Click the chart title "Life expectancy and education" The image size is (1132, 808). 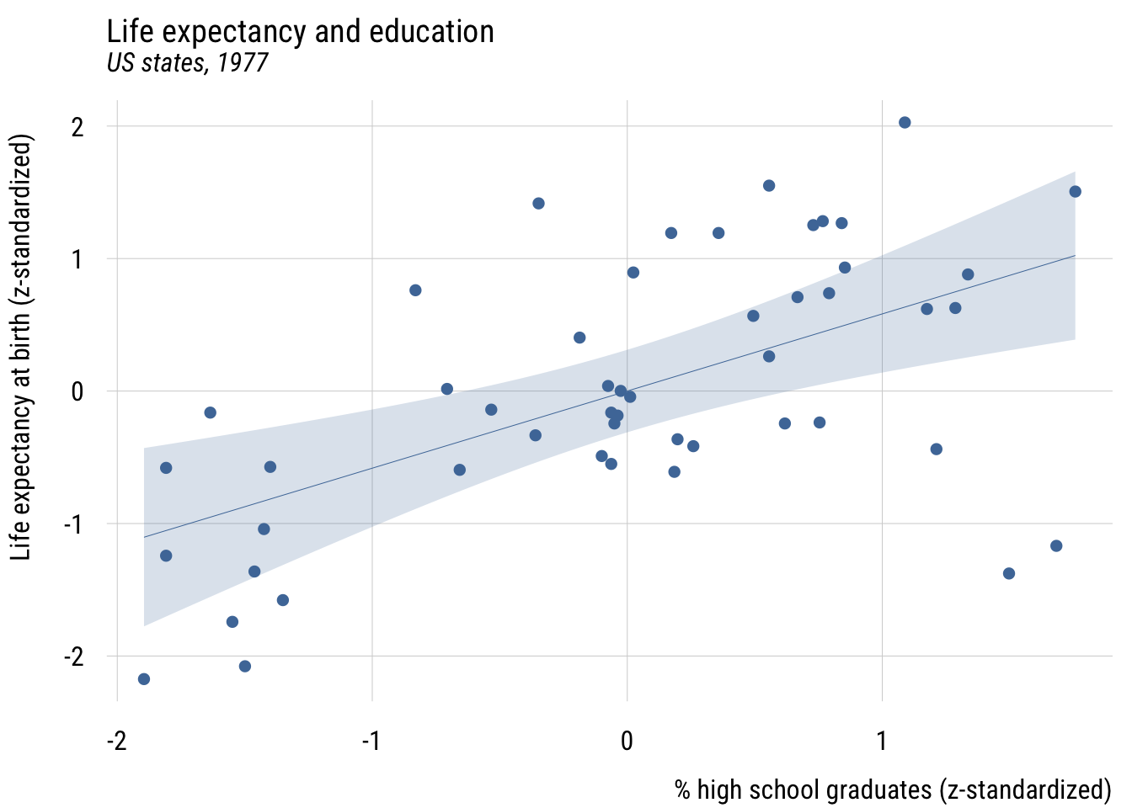(300, 32)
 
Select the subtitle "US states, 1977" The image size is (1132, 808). (187, 63)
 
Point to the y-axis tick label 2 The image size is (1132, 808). (77, 127)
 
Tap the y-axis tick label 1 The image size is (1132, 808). (77, 259)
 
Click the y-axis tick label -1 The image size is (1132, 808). (74, 524)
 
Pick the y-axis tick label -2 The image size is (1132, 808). (74, 656)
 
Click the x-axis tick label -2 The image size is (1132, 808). (116, 741)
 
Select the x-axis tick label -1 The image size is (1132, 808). (371, 741)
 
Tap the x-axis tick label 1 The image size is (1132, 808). (882, 741)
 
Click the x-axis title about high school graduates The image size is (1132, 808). (893, 789)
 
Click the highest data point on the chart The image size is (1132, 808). (905, 123)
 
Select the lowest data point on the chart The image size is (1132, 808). (144, 679)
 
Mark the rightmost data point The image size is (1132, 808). (1075, 192)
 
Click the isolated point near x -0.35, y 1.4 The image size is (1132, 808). (538, 204)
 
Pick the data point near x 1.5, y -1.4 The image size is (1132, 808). (1009, 574)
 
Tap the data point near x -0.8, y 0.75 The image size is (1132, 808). (415, 290)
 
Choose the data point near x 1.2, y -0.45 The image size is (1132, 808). (936, 449)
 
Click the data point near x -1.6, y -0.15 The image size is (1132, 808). (211, 412)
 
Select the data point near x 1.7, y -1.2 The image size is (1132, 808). (1056, 546)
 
